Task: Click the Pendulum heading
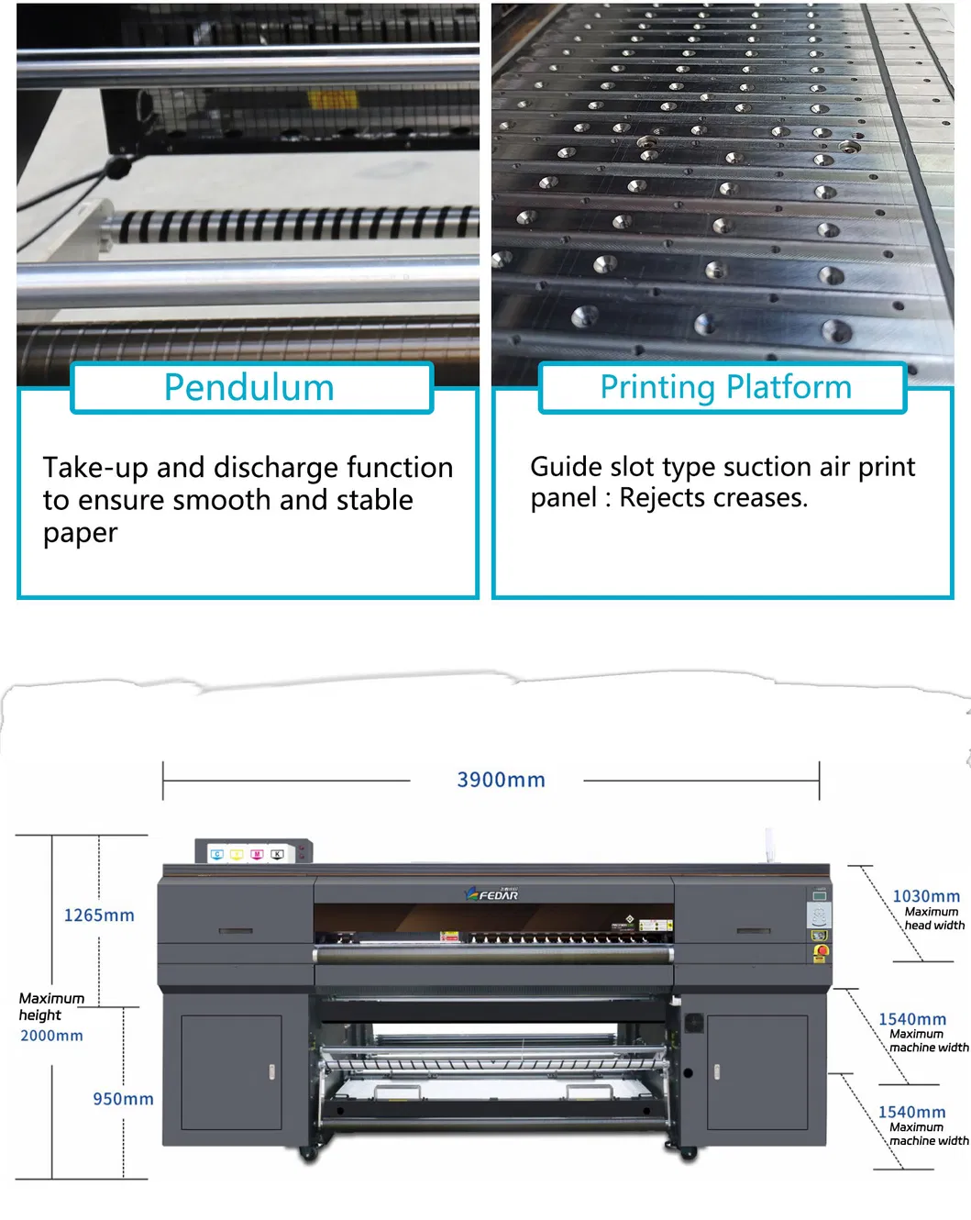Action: tap(248, 388)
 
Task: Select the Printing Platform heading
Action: tap(725, 387)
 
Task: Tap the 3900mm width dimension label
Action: tap(501, 781)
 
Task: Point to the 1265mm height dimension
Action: tap(99, 915)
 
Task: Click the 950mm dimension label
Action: tap(123, 1099)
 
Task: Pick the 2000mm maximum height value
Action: tap(51, 1036)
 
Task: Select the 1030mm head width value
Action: tap(926, 896)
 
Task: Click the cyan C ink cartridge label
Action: tap(217, 854)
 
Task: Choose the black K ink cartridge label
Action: tap(277, 854)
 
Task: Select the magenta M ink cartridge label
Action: tap(257, 854)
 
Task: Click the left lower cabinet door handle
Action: tap(271, 1071)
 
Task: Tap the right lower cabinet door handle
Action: tap(716, 1071)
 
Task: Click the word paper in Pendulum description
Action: tap(81, 533)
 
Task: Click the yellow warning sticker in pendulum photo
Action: tap(331, 99)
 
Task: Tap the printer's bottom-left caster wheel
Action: tap(308, 1155)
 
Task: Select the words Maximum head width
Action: tap(932, 919)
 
